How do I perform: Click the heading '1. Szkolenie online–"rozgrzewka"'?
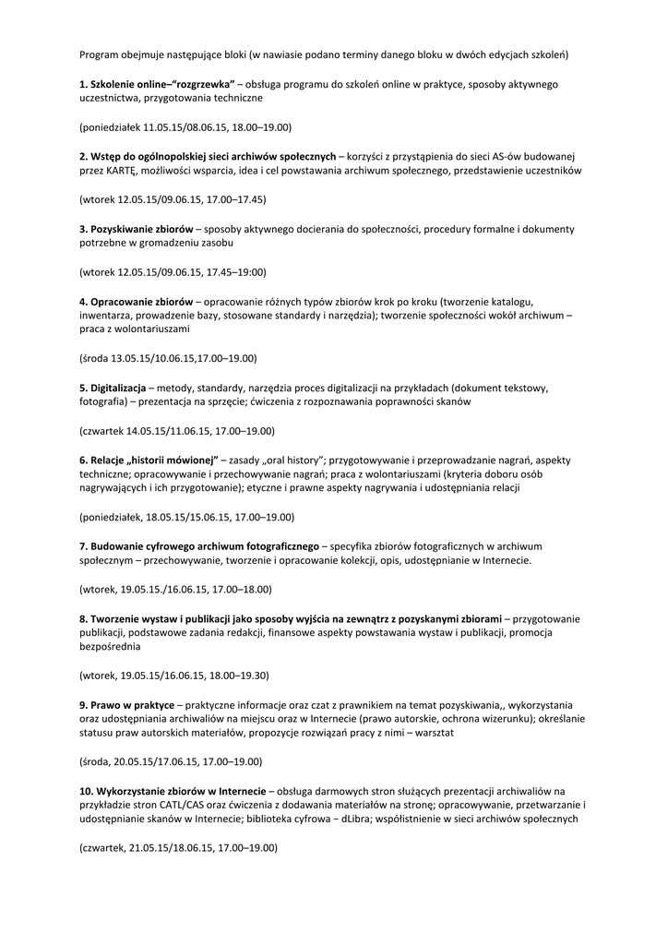tap(157, 84)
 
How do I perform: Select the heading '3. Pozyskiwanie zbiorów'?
tap(137, 228)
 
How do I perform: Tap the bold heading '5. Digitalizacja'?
tap(113, 387)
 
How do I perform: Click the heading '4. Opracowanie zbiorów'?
tap(136, 301)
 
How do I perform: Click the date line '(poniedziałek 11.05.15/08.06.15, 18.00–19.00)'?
tap(185, 126)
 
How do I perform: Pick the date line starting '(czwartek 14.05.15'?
tap(176, 430)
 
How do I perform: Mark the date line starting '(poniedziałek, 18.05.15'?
tap(186, 517)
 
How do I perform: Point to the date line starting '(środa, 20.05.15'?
tap(171, 761)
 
